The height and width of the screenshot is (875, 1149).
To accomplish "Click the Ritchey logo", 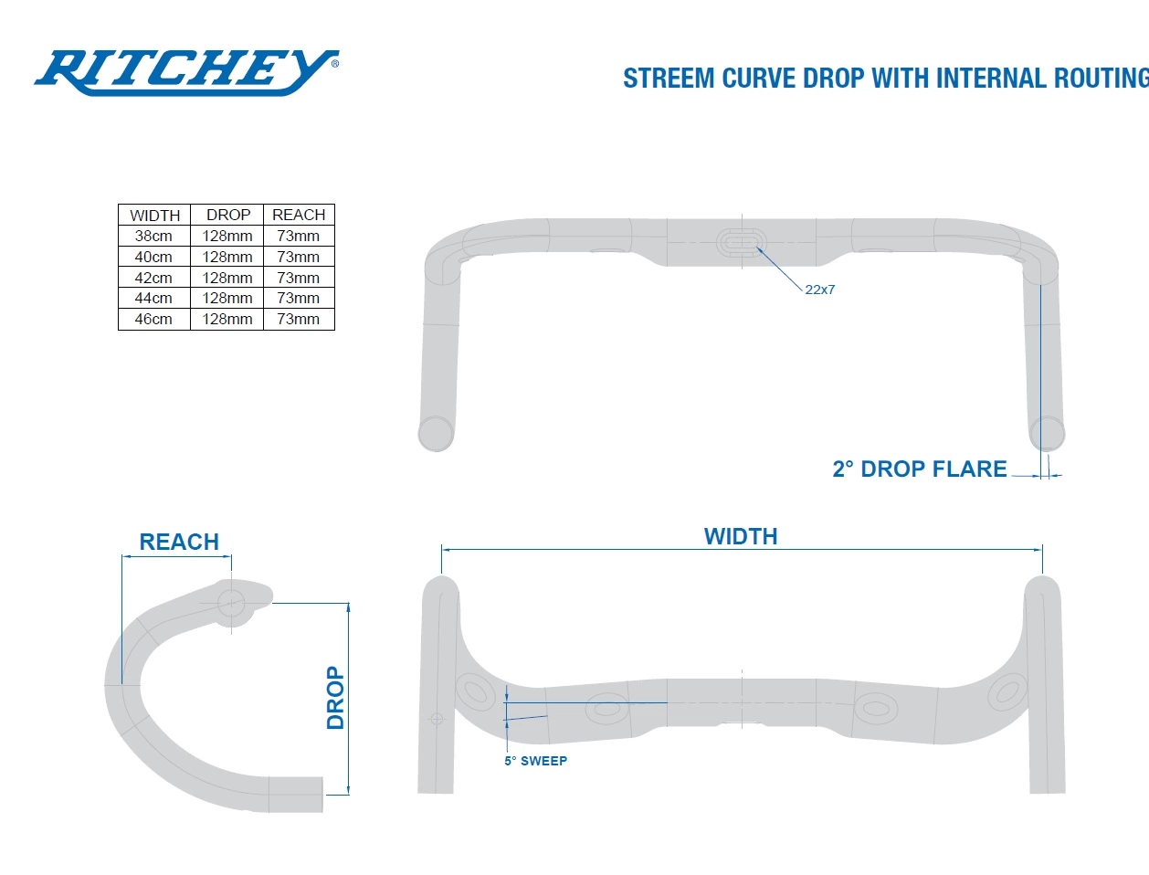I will (x=186, y=71).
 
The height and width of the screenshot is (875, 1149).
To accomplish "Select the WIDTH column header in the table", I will (x=154, y=216).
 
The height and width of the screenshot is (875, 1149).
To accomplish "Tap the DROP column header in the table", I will (x=227, y=215).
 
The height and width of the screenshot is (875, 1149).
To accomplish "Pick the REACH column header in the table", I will (x=299, y=215).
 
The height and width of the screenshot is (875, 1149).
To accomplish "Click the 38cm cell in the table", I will (x=153, y=236).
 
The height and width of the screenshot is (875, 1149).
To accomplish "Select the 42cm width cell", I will (x=153, y=278).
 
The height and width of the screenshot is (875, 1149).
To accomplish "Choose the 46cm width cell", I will (x=153, y=319).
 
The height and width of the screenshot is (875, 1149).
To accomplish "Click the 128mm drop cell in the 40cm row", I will (x=227, y=257).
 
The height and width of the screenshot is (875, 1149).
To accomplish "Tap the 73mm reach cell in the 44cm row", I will (x=299, y=298).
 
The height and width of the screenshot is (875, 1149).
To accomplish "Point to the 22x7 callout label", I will (x=819, y=290).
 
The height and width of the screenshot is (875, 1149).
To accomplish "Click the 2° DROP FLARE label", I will (x=919, y=469).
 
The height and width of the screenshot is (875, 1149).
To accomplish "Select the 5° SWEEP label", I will (x=535, y=761).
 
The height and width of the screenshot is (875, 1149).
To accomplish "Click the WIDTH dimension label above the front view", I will (x=741, y=536).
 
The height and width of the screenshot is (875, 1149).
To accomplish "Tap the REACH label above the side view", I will (x=179, y=542).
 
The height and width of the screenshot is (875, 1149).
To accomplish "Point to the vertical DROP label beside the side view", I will (x=335, y=698).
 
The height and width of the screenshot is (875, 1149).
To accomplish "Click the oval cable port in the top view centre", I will (x=741, y=242).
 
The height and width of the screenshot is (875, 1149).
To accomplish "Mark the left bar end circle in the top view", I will (x=436, y=433).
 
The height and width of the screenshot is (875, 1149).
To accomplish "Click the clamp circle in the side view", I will (x=230, y=602).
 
